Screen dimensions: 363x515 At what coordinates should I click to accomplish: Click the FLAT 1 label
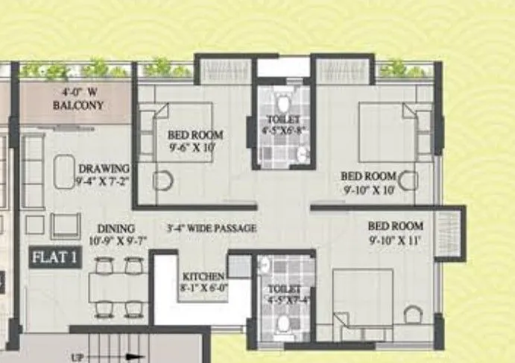point(55,258)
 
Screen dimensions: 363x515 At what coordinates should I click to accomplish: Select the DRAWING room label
point(104,174)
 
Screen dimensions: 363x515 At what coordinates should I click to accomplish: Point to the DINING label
point(115,235)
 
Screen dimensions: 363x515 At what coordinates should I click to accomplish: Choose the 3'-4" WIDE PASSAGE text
point(212,227)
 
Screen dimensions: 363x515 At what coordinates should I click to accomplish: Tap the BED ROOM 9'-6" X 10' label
point(195,140)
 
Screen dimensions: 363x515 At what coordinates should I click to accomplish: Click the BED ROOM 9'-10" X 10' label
point(367,181)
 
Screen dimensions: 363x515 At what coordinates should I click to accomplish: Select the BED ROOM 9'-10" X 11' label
point(395,232)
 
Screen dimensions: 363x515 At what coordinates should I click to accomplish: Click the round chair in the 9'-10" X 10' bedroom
point(407,181)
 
